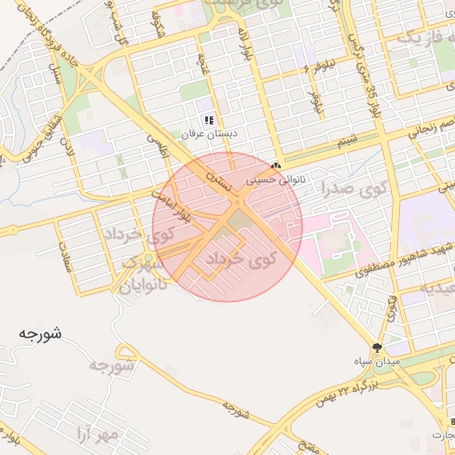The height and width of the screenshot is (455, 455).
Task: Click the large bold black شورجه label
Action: pos(39,334)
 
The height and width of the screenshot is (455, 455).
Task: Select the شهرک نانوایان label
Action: pos(142,276)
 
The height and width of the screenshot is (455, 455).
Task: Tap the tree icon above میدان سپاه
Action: pos(377,347)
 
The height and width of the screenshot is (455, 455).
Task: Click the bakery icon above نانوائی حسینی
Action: pos(275,165)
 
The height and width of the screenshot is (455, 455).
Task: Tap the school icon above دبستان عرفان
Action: pos(209,119)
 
